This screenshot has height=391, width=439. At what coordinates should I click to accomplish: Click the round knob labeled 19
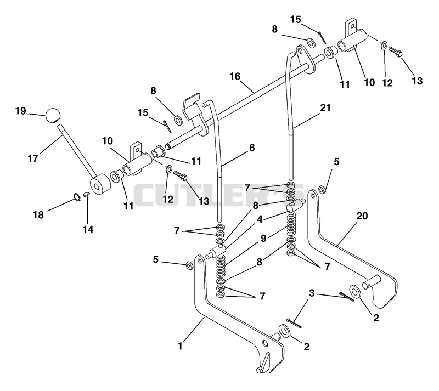point(53,115)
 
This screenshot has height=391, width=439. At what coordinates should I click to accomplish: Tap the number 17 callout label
point(33,158)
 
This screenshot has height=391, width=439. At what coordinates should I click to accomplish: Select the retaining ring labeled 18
point(77,197)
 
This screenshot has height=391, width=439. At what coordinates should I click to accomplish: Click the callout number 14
point(88,230)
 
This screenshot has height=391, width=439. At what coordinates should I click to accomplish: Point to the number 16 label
point(235,76)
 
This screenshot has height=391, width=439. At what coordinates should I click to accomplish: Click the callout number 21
point(325,107)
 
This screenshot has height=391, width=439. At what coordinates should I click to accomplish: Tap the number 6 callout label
point(252,148)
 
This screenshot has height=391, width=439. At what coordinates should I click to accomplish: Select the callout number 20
point(362,216)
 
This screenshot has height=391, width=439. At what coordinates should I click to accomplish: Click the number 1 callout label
point(180,346)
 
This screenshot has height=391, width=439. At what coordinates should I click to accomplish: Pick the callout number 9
point(263,238)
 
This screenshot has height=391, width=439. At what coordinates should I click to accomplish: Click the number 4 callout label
point(260,219)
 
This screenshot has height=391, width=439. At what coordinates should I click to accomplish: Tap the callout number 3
point(312,293)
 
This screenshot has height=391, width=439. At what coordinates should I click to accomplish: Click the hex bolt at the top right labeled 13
point(396,52)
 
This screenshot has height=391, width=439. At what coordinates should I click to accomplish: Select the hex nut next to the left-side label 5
point(189,265)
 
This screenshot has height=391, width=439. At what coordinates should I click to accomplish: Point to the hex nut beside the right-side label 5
point(322,190)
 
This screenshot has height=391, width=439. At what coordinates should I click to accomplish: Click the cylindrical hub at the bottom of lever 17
point(99,184)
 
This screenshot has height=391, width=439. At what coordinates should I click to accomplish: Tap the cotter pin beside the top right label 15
point(322,37)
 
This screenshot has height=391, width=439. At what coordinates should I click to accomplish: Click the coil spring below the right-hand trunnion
point(292,224)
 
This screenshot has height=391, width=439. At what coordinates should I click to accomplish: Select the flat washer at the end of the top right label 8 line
point(311,42)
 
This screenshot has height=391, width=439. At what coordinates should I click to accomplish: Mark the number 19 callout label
point(20,111)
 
